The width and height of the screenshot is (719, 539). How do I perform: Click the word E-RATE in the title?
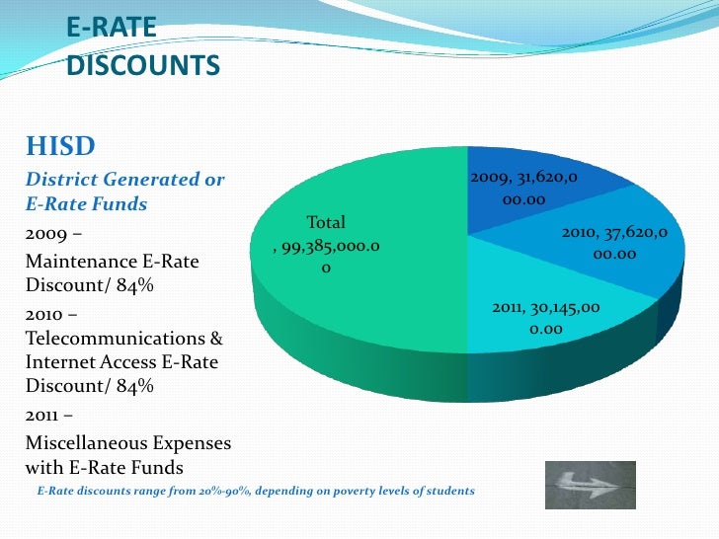coord(112,30)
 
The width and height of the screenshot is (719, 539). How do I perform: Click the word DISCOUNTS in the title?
coord(143,66)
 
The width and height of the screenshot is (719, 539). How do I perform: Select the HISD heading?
coord(60,148)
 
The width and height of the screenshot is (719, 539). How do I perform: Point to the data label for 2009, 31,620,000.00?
coord(522,188)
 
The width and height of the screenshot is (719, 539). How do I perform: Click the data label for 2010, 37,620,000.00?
coord(614,243)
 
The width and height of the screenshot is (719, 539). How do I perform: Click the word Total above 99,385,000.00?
coord(326,223)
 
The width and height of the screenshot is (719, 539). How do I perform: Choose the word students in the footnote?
coord(449,491)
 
